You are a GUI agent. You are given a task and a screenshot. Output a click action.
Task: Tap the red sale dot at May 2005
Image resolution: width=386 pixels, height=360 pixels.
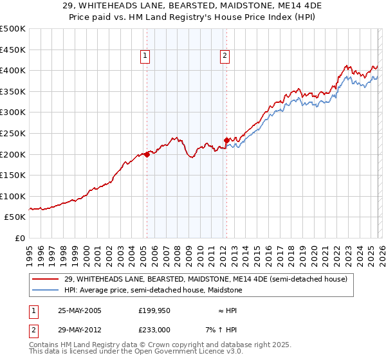pos(147,154)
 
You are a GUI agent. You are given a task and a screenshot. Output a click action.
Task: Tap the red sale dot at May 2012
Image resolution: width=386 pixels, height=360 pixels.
pos(226,140)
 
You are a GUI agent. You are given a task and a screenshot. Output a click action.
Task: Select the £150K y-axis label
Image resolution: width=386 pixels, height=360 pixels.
pos(13,175)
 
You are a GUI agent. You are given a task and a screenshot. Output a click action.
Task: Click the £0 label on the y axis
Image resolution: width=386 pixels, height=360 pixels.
pos(20,238)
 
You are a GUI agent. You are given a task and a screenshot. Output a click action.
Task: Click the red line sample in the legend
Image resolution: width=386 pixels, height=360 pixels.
pos(46,279)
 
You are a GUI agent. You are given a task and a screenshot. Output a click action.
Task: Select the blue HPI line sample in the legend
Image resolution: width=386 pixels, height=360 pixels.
pos(46,291)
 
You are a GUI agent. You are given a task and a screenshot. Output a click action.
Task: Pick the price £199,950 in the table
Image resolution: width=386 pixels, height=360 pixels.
pos(154,310)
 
